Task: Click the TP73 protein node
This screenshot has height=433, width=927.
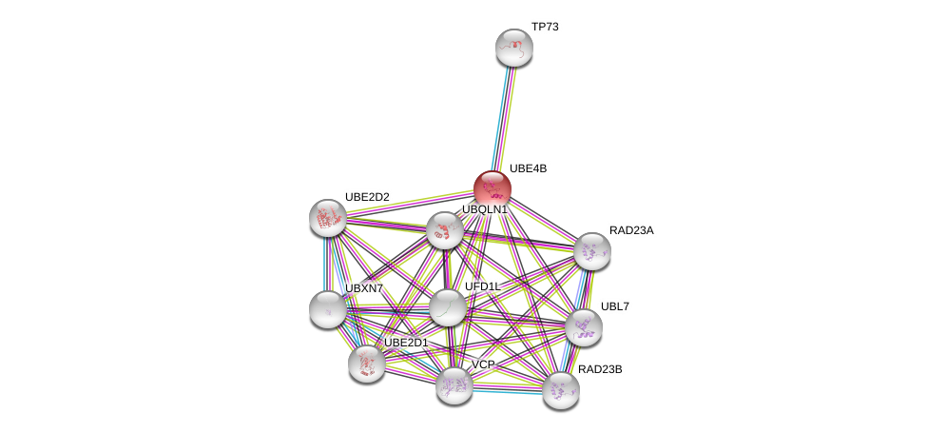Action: click(514, 48)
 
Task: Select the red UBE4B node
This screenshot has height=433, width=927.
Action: click(492, 188)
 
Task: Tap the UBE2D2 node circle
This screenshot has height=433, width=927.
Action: click(328, 218)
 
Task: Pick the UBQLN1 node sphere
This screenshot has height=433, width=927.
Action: click(444, 230)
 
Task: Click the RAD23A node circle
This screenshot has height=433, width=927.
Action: click(591, 251)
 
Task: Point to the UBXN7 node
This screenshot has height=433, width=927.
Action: click(328, 309)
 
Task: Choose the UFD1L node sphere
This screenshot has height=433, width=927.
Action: click(447, 307)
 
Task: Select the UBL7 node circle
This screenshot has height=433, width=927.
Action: click(583, 327)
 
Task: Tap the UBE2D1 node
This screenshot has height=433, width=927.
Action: click(366, 363)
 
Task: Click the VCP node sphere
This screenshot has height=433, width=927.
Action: click(454, 385)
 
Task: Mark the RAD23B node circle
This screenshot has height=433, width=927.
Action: click(560, 389)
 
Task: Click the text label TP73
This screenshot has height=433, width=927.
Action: click(545, 27)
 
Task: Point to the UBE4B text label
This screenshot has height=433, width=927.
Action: click(528, 168)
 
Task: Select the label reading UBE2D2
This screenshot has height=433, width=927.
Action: click(367, 197)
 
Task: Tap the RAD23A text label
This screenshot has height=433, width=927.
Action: click(631, 230)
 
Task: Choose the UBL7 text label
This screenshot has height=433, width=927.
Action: click(615, 306)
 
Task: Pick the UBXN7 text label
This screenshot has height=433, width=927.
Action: click(364, 288)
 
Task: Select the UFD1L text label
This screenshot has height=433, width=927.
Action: click(482, 286)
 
